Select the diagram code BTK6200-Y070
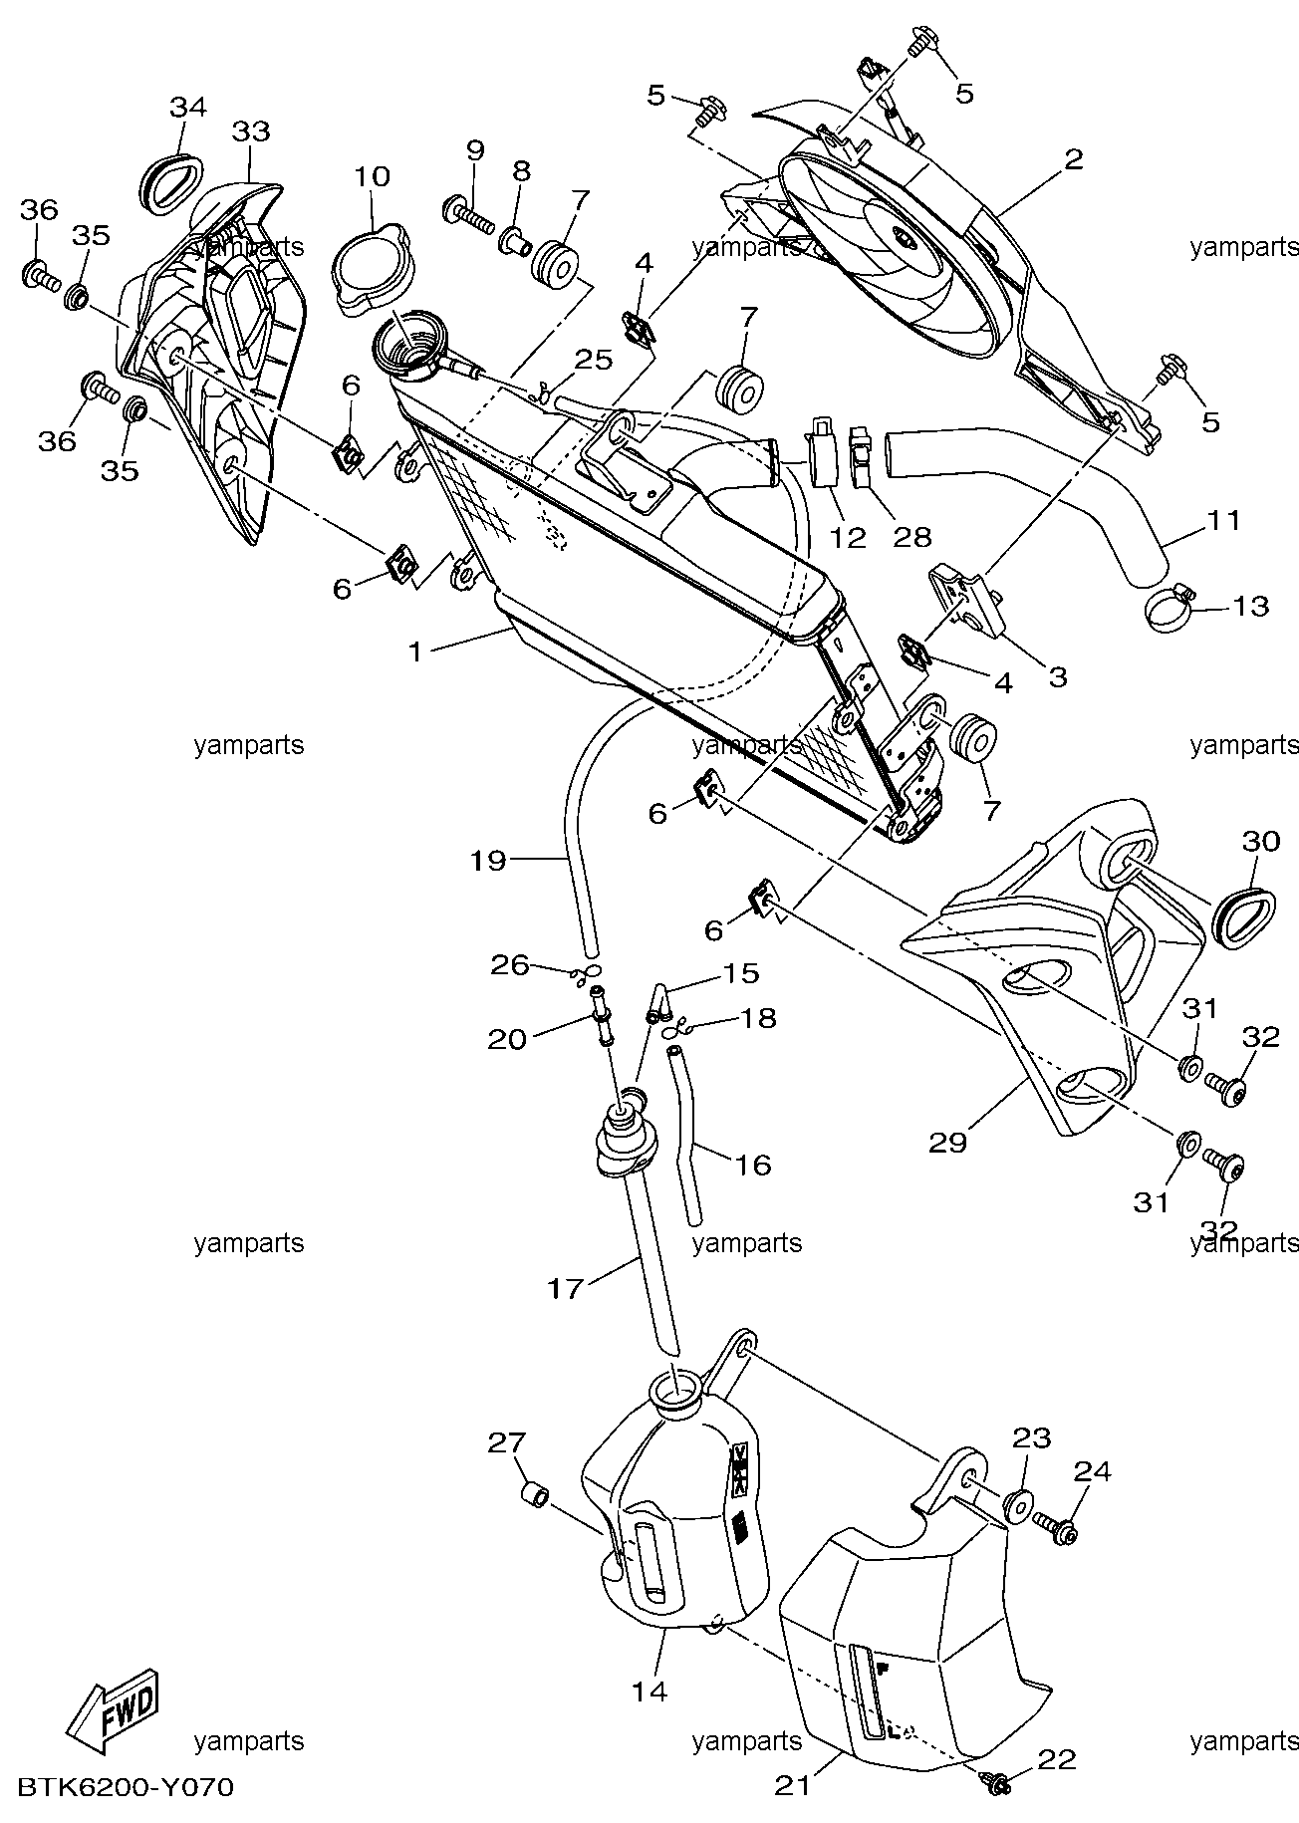coord(125,1788)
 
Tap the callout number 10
coord(371,177)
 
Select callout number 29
coord(947,1142)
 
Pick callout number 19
coord(488,860)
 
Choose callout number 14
coord(649,1691)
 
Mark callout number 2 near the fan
coord(1073,159)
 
